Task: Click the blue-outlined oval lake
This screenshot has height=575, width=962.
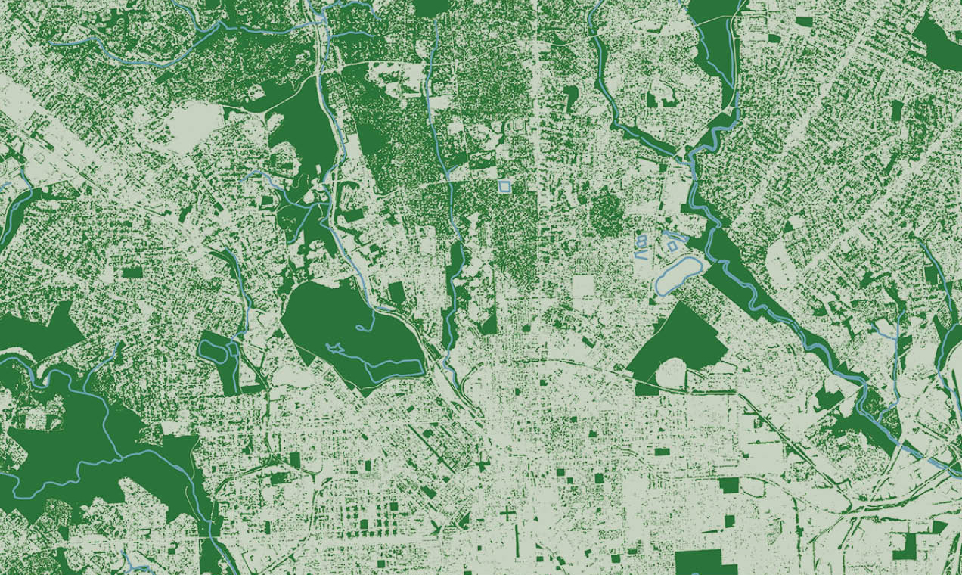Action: click(678, 275)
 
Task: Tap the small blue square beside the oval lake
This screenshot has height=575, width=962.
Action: click(672, 246)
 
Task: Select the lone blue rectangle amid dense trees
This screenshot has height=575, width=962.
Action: click(504, 185)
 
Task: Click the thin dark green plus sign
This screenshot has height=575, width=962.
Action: click(507, 514)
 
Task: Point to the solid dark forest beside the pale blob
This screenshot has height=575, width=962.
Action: click(303, 125)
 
